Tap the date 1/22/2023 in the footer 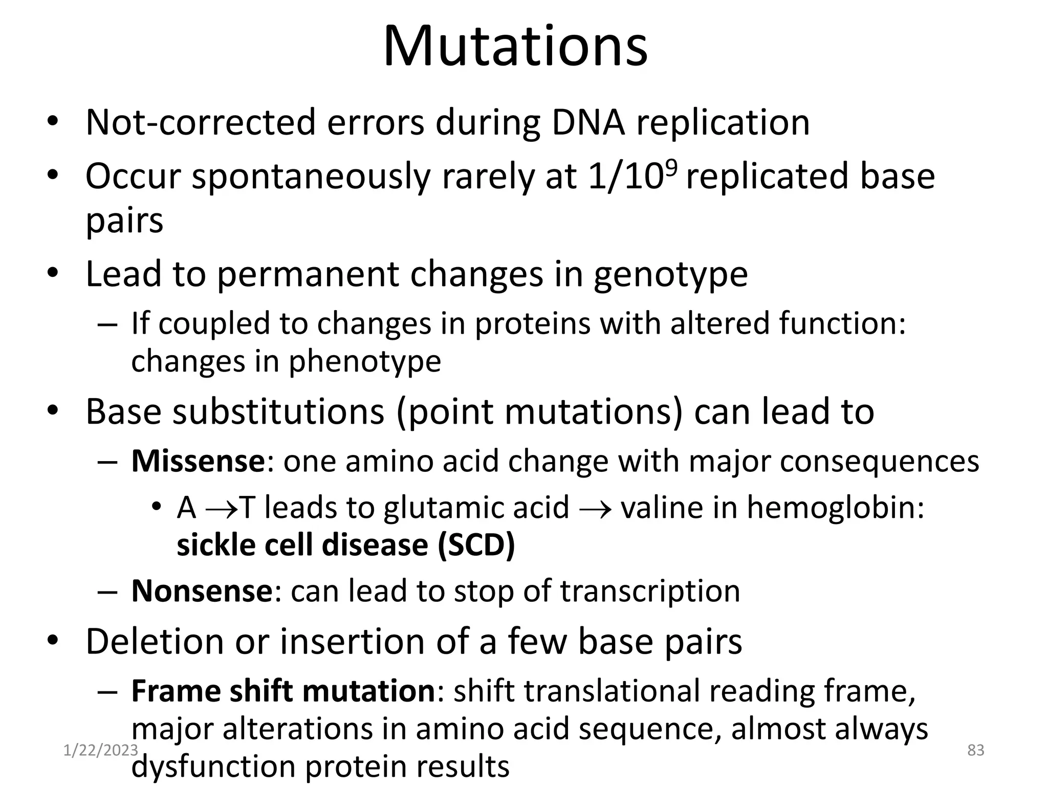(x=100, y=750)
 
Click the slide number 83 (x=976, y=750)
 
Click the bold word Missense (x=198, y=461)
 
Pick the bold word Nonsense (x=202, y=591)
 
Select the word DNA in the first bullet (x=588, y=122)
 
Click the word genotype (x=670, y=274)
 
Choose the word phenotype (x=364, y=361)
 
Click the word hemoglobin (x=835, y=509)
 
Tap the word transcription (x=650, y=592)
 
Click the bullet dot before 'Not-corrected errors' (x=52, y=123)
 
